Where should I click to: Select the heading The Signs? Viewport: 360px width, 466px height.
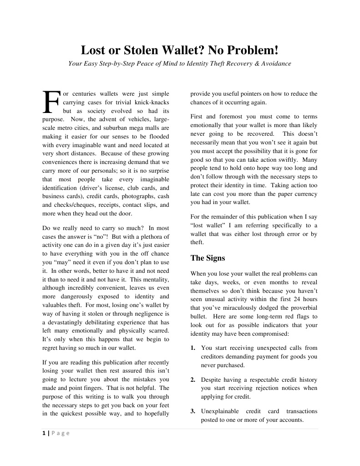point(208,258)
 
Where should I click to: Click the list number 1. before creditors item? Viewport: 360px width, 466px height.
point(193,348)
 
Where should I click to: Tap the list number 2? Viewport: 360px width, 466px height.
point(193,379)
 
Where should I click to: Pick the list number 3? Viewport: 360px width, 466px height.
point(193,411)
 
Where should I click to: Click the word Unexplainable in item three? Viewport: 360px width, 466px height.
point(221,411)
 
